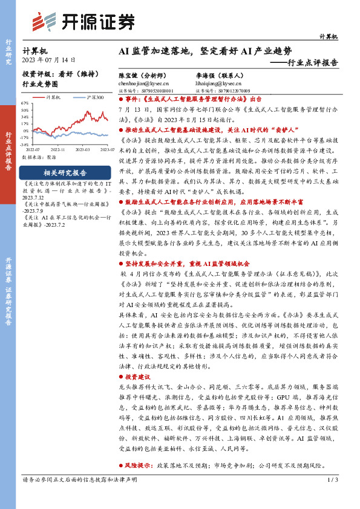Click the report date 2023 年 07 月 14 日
coord(49,60)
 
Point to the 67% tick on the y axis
coord(26,103)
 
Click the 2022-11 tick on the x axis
coord(59,149)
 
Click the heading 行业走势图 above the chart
coord(40,85)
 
